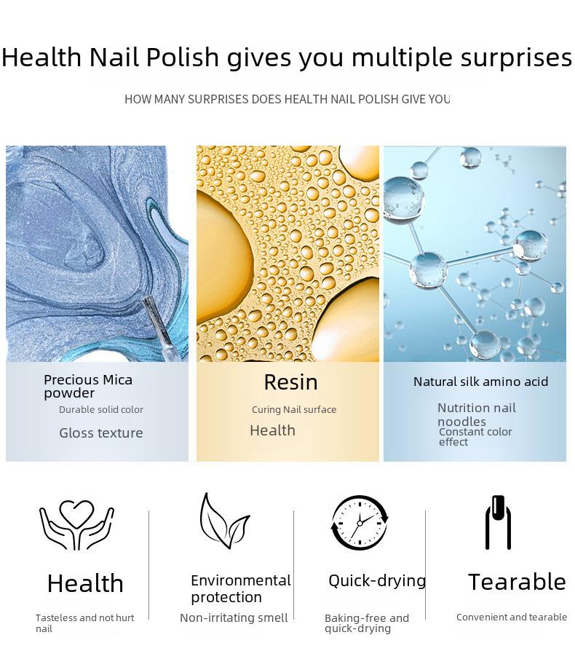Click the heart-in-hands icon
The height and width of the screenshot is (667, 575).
[x=76, y=526]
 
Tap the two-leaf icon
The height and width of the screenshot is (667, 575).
[x=224, y=521]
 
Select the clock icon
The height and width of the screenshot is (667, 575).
[x=360, y=522]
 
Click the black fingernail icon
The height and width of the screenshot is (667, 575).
[x=498, y=522]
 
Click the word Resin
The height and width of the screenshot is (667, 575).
[x=290, y=382]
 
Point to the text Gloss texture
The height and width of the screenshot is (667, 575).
[x=100, y=433]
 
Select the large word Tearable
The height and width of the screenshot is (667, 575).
[x=517, y=582]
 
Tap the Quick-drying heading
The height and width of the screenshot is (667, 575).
[x=377, y=581]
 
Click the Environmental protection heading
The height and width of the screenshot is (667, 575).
[x=241, y=589]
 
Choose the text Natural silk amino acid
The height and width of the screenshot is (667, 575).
[x=480, y=382]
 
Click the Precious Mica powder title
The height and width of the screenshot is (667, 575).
[x=88, y=386]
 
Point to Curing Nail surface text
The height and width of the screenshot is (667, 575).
[x=294, y=410]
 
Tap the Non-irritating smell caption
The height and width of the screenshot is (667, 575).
[x=234, y=617]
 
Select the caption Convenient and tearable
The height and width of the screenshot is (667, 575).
[x=512, y=617]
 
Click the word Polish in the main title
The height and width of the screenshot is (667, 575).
[x=183, y=57]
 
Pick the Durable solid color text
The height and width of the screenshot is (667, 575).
[x=100, y=410]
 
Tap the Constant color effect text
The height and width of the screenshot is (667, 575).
[x=475, y=437]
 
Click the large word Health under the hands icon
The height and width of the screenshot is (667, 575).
[x=85, y=583]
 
